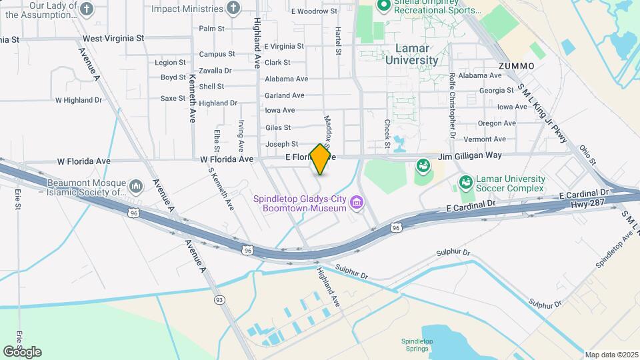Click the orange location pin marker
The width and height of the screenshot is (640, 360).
click(x=321, y=159)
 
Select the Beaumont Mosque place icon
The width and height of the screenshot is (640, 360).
click(x=136, y=184)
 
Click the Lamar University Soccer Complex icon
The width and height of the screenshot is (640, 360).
click(x=465, y=181)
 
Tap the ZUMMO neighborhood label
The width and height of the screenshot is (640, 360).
click(x=516, y=66)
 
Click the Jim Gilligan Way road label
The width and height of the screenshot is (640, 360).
click(x=469, y=155)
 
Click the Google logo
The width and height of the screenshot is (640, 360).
click(x=22, y=351)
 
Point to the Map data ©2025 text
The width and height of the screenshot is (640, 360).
click(x=611, y=355)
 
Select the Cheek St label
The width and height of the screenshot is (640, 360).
click(x=387, y=133)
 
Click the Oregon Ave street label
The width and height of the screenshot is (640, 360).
click(x=497, y=123)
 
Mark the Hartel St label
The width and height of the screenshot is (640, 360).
click(x=339, y=41)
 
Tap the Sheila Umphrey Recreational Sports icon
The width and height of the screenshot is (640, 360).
click(x=383, y=7)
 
